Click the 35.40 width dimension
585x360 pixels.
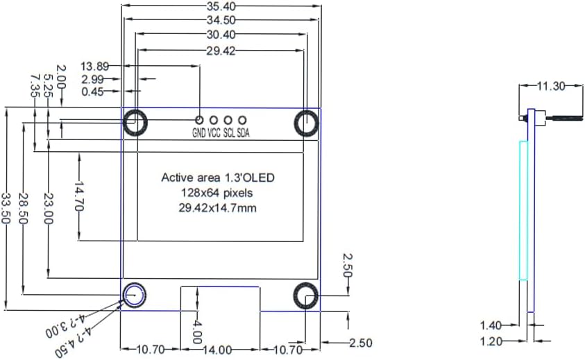221,6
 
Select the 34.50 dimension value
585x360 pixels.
221,20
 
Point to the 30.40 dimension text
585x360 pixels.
221,35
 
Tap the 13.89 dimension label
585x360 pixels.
95,67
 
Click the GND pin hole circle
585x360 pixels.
199,120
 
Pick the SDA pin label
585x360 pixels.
244,132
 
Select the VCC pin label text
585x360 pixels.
214,132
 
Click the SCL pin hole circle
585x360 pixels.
228,120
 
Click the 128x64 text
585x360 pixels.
198,193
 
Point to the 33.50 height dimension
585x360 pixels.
6,208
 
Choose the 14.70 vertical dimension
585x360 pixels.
79,196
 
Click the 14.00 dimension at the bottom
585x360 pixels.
217,350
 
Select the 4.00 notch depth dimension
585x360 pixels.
197,332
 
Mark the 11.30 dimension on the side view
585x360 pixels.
551,86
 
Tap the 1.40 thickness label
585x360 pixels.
491,326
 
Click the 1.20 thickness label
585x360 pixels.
491,341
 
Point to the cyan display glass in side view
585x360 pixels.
523,210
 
